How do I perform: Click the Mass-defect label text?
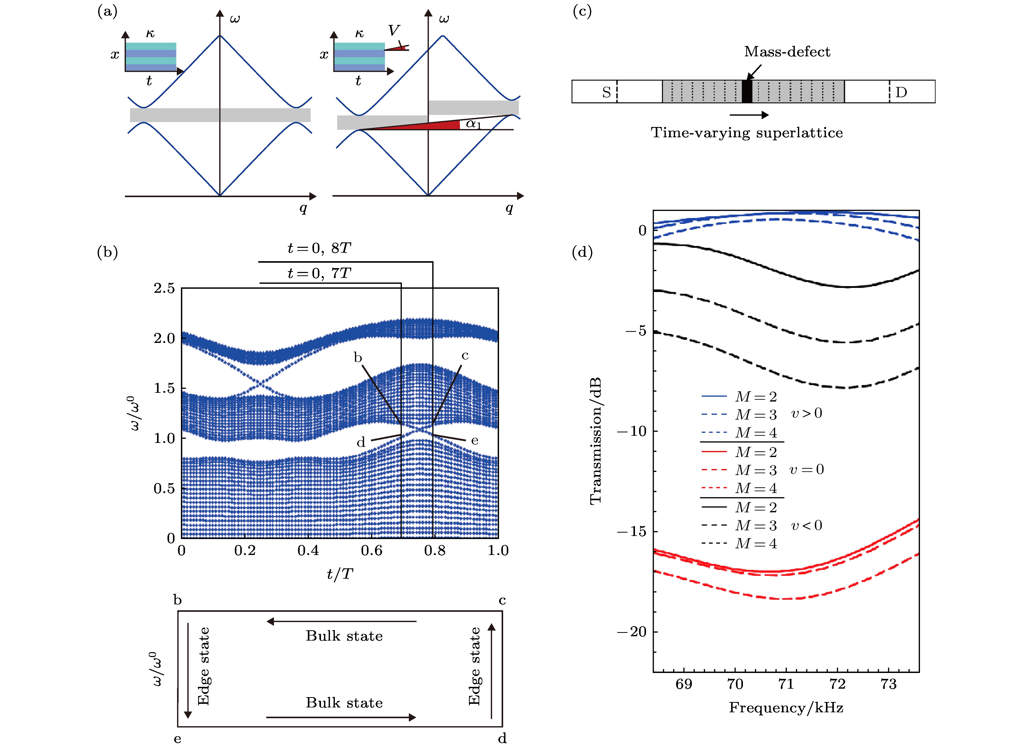pos(787,52)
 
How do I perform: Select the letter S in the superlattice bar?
pos(606,92)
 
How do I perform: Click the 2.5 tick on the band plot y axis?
pos(164,288)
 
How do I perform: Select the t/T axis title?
pos(340,574)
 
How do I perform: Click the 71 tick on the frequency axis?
pos(786,684)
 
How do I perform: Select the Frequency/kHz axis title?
pos(786,708)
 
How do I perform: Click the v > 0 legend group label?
pos(807,413)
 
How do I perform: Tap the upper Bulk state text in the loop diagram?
pos(344,636)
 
